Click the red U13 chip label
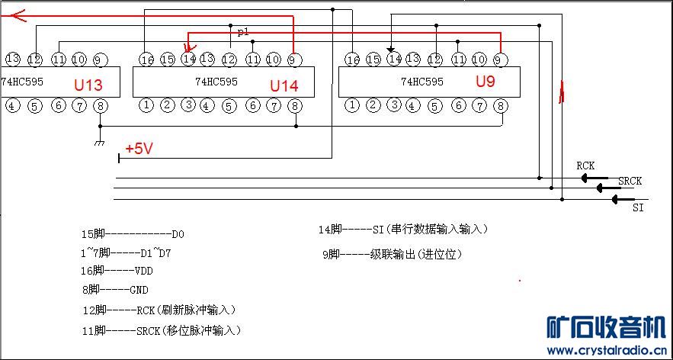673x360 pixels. tap(88, 85)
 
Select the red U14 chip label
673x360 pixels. tap(284, 85)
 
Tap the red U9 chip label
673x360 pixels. tap(486, 81)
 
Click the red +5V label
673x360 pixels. tap(139, 149)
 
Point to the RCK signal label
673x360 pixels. tap(585, 166)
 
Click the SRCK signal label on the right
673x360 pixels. tap(630, 181)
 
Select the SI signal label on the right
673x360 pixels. tap(639, 207)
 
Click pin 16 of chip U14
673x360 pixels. tap(147, 59)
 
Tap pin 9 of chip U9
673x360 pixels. tap(499, 59)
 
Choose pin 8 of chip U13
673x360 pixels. tap(101, 105)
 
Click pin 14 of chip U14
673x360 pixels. tap(188, 59)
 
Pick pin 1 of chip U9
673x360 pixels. tap(351, 105)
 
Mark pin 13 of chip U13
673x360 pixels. tap(12, 58)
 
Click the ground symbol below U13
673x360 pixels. tap(98, 143)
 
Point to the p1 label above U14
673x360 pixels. tap(243, 32)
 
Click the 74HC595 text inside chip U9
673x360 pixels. tap(421, 82)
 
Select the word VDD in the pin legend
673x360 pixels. tap(143, 270)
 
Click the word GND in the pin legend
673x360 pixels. tap(139, 290)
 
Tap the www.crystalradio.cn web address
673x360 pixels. tap(606, 351)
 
